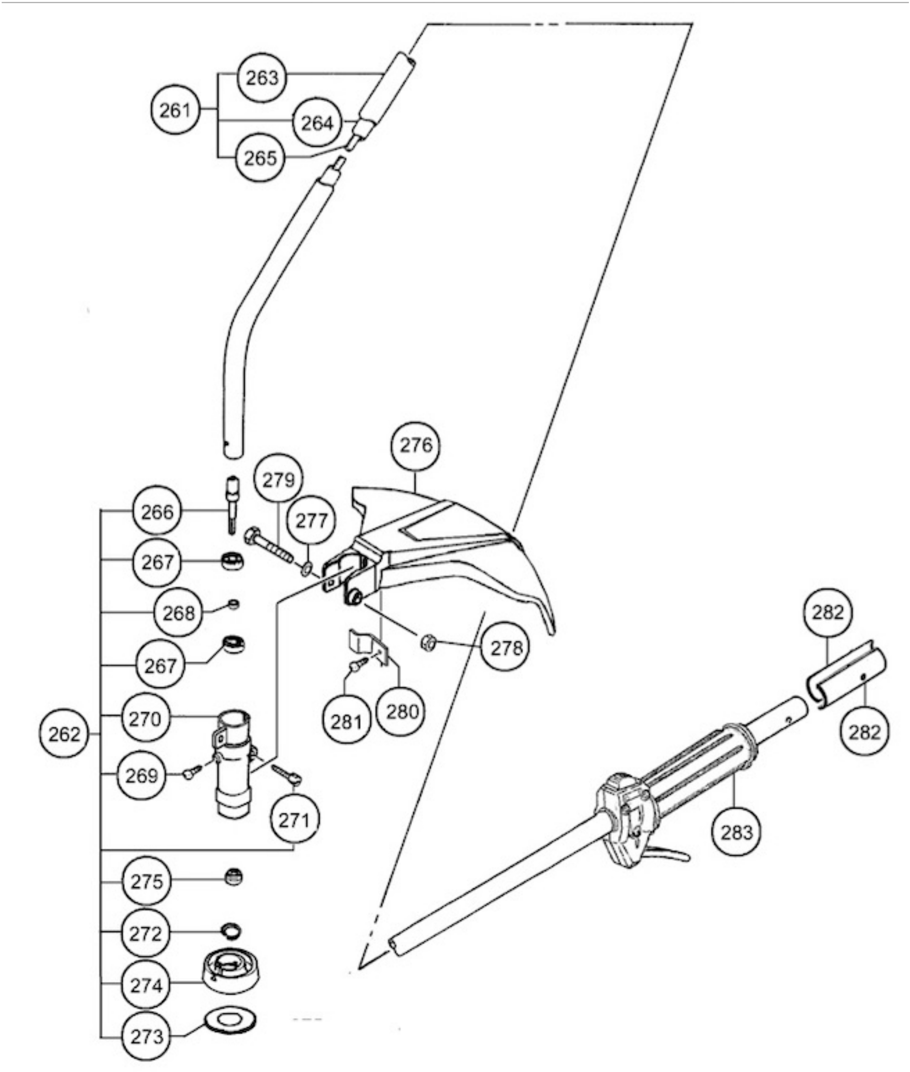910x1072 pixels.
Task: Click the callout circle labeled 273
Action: pos(147,1036)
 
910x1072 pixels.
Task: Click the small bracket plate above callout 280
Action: pos(365,644)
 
